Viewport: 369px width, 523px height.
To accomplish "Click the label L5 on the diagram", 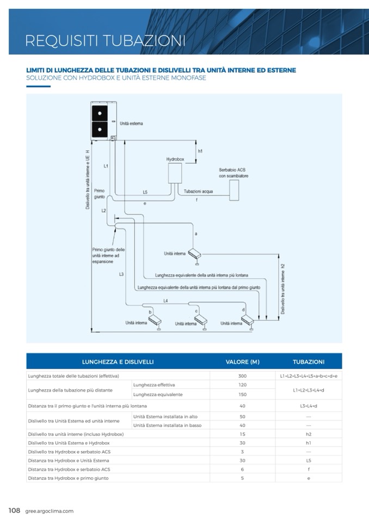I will [x=145, y=192].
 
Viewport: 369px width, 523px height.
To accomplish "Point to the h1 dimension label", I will [x=200, y=151].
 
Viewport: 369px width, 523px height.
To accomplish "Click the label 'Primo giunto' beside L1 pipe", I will [x=99, y=194].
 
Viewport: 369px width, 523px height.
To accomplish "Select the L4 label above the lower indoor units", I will [x=165, y=300].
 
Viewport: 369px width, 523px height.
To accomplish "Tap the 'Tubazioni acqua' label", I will [x=199, y=191].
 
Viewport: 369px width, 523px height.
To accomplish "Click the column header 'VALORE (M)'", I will [x=242, y=362].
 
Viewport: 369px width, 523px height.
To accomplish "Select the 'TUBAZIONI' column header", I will [x=308, y=362].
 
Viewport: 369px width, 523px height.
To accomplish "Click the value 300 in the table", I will [x=242, y=376].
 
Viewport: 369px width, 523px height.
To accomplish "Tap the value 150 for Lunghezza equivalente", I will [x=242, y=394].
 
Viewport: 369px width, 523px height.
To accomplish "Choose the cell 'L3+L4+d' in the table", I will [x=308, y=406].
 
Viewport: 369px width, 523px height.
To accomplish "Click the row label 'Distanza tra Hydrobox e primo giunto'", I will [x=68, y=478].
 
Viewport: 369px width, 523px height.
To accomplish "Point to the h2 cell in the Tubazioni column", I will [x=308, y=434].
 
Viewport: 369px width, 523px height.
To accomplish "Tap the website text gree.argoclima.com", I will [x=49, y=511].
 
